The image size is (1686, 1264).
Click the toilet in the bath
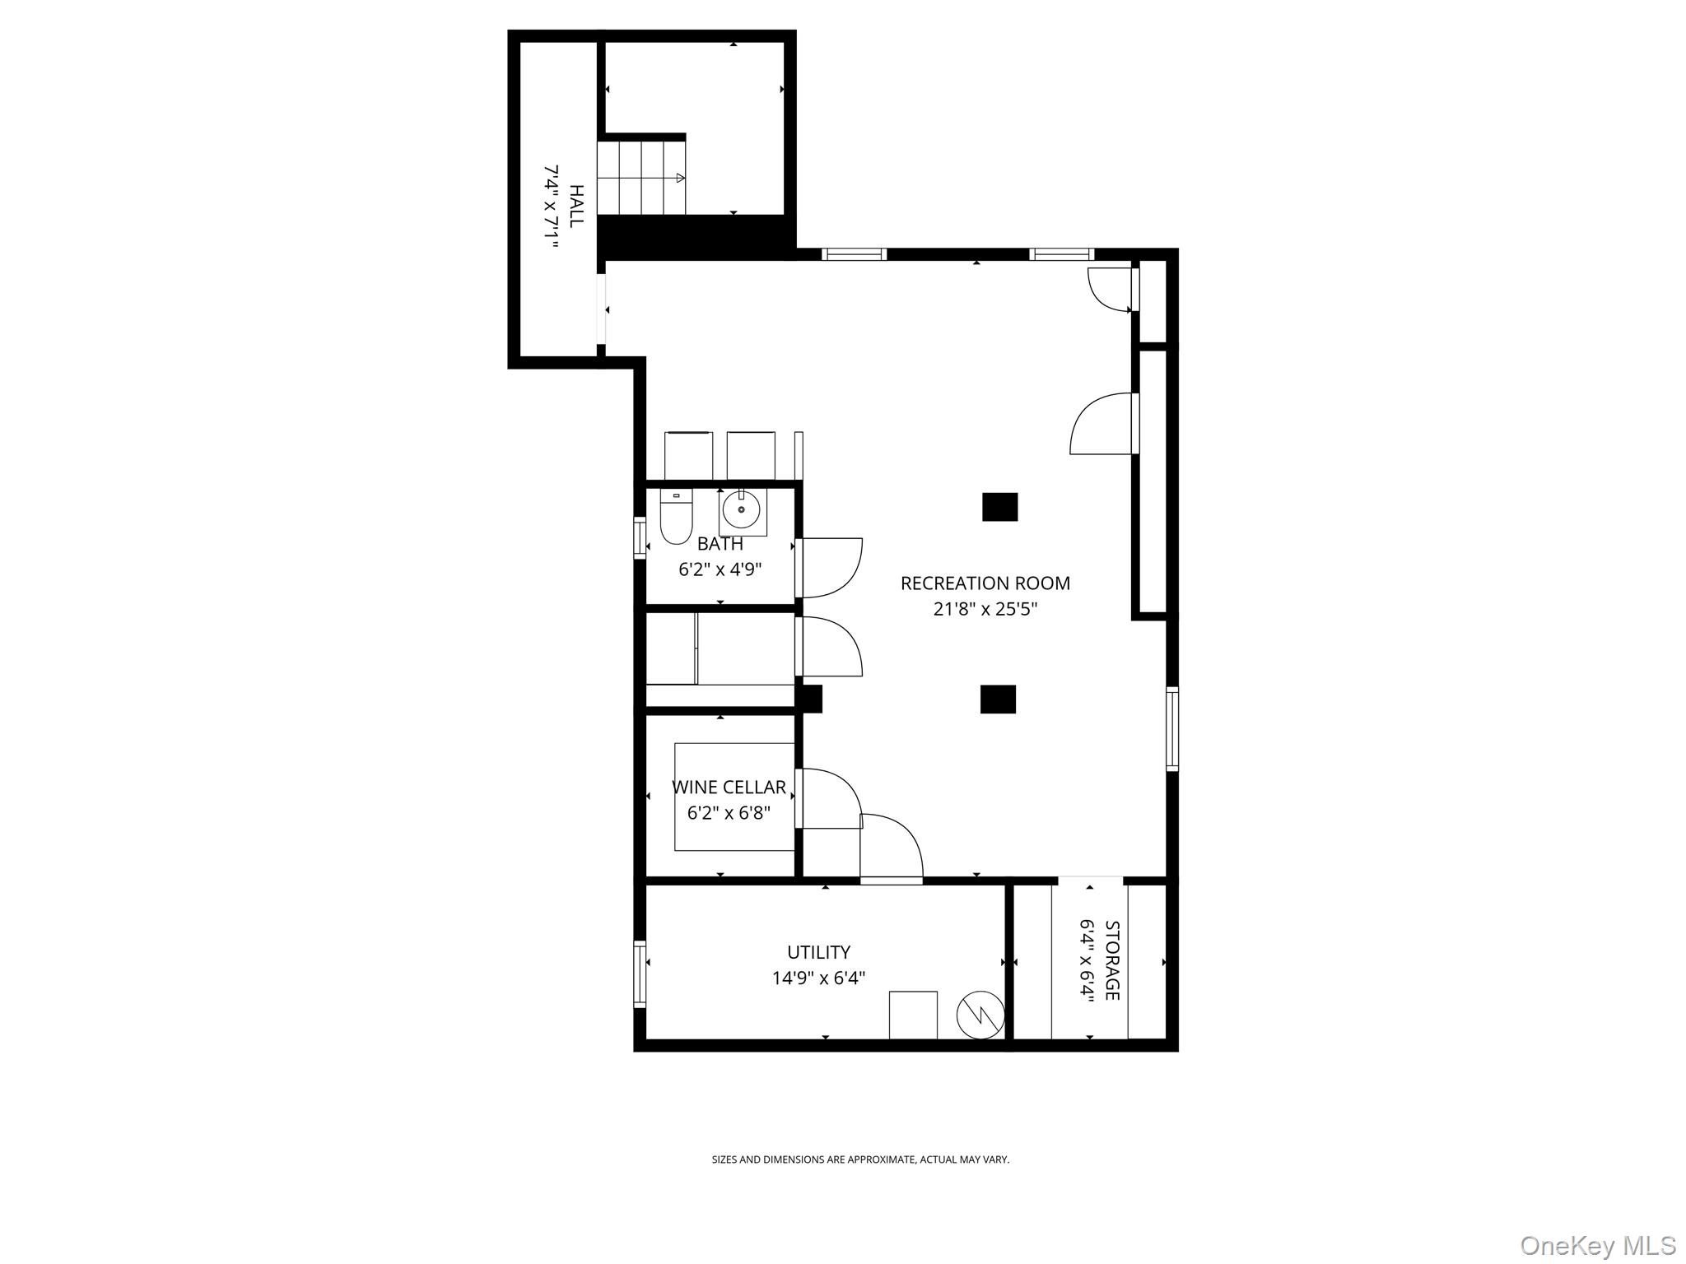(676, 518)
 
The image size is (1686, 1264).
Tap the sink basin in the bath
(742, 511)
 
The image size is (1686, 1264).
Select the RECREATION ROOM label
(985, 583)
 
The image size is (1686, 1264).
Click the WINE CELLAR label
(729, 788)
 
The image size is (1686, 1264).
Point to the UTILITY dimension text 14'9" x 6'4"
(818, 978)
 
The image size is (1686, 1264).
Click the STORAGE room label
(1111, 960)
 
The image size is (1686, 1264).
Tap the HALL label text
(577, 206)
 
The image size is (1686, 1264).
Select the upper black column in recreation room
(999, 507)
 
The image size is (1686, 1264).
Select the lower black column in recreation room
(998, 699)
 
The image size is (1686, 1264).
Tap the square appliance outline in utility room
(913, 1015)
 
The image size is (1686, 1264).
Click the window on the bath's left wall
(640, 538)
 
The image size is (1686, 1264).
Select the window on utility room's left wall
(640, 974)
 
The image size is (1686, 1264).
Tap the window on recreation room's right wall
(1172, 729)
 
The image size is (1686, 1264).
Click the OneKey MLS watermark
(1597, 1245)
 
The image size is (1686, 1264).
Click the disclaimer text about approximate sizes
(860, 1159)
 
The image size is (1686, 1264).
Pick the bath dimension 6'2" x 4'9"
(720, 569)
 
